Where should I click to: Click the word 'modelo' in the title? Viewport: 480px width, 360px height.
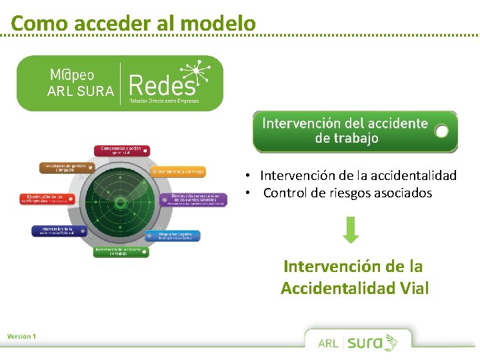tap(218, 23)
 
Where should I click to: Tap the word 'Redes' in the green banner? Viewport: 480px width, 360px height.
tap(163, 85)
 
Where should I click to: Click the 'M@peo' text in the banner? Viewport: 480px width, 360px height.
tap(72, 73)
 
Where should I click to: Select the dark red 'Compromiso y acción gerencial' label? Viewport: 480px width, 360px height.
tap(121, 151)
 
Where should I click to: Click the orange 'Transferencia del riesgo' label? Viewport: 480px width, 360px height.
tap(178, 171)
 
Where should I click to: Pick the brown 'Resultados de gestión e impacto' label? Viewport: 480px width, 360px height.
tap(67, 167)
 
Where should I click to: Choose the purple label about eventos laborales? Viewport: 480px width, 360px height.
tap(193, 199)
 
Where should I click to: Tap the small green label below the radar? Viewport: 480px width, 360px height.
tap(121, 251)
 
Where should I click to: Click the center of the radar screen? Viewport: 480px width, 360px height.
tap(120, 202)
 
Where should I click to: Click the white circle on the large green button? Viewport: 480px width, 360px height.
tap(441, 131)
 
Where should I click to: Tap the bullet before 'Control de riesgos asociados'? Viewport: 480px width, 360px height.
tap(247, 193)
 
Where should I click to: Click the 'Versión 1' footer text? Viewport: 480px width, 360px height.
tap(22, 336)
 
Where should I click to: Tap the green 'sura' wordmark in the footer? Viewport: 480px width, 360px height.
tap(365, 343)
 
